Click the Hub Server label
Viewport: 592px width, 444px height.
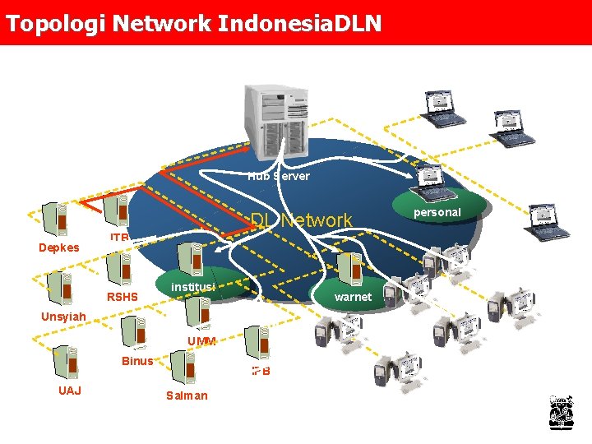(279, 176)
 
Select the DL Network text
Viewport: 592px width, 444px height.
(301, 220)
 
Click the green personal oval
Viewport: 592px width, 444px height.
(437, 212)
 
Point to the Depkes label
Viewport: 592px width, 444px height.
(59, 247)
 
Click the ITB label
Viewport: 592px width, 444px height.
(120, 237)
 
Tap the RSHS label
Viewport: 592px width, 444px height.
(123, 297)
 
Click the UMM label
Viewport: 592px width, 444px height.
(201, 341)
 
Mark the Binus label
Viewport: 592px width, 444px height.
(136, 361)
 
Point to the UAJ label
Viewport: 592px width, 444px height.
(70, 390)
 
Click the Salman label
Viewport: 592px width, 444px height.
(187, 395)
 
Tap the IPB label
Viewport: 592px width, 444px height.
(261, 371)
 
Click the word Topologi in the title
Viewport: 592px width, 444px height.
(53, 22)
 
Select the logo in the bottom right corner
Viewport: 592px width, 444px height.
(561, 412)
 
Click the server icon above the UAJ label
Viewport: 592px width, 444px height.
(63, 362)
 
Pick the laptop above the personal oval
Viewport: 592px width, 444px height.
(432, 179)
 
